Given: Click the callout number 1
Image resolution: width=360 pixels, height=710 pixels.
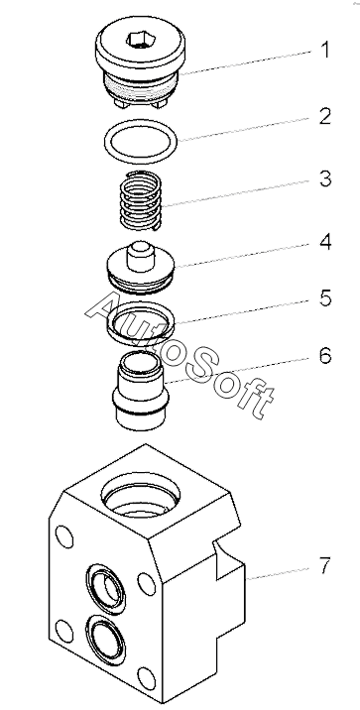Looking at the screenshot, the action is (324, 50).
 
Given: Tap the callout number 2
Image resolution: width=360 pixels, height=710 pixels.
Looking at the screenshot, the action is (324, 116).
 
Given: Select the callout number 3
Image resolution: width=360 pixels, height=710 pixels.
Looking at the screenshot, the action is (325, 178).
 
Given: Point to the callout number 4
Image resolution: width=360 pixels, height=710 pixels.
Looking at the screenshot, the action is (325, 242).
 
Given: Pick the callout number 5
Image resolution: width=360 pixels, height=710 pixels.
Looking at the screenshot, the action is (325, 297).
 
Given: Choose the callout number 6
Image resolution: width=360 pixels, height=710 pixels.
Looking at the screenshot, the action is (325, 355).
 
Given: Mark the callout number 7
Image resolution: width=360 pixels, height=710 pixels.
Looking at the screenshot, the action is (324, 565).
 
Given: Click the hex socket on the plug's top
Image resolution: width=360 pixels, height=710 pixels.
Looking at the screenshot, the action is (140, 40).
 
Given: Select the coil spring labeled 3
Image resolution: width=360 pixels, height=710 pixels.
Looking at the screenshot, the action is (141, 199).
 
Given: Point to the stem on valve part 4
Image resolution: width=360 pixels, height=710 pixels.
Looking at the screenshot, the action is (141, 256).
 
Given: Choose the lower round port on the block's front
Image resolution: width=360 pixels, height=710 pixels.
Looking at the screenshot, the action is (105, 640).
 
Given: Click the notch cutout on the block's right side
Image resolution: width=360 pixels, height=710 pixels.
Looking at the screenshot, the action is (228, 558).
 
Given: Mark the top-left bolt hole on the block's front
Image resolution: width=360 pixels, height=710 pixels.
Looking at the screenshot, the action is (64, 536).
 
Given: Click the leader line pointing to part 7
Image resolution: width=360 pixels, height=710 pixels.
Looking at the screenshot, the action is (280, 573).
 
